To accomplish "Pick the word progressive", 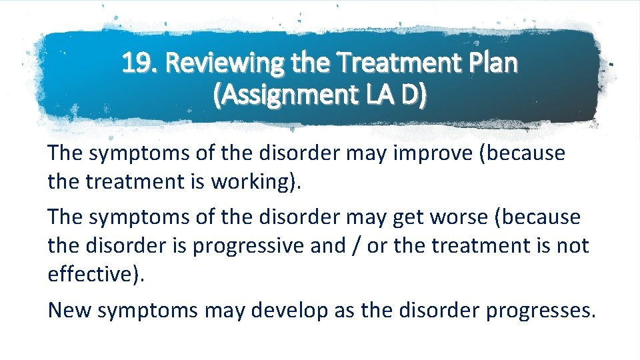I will pos(247,245).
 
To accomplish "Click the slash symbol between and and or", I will pos(353,245).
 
